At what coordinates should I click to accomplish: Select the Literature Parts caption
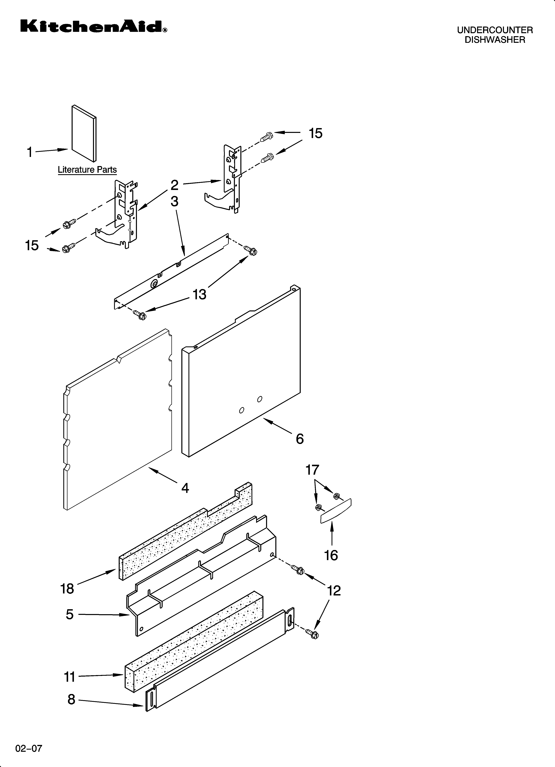[x=87, y=170]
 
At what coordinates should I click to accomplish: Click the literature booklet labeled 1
[x=84, y=134]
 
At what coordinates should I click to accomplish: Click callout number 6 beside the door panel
[x=300, y=439]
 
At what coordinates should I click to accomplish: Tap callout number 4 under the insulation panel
[x=185, y=488]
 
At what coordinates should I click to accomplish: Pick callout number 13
[x=199, y=294]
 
